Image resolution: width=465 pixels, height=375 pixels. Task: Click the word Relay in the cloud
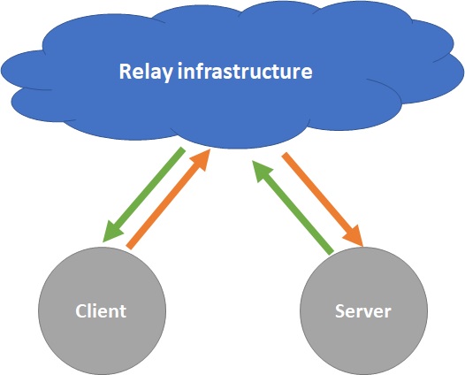coord(146,72)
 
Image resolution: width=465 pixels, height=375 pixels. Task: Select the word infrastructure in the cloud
coord(245,72)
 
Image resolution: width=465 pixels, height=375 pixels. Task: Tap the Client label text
coord(101,311)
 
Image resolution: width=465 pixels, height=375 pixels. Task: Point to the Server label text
coord(363,311)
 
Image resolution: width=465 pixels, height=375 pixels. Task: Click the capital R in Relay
coord(126,72)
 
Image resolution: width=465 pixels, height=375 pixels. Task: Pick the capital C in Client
coord(81,311)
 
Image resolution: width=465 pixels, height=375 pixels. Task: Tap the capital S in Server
coord(340,311)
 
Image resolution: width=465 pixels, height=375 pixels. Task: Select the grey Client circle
coord(102,311)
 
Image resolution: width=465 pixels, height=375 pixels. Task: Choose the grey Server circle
coord(363,311)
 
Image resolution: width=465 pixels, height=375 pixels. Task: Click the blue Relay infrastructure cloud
coord(232,75)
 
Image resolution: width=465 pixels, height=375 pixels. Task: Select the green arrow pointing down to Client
coord(144,195)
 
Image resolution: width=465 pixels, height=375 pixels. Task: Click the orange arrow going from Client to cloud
coord(169,199)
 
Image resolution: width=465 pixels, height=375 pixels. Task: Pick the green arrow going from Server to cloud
coord(293,207)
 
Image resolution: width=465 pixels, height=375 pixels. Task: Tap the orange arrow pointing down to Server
coord(323,199)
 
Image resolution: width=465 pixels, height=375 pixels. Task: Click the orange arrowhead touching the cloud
coord(201,159)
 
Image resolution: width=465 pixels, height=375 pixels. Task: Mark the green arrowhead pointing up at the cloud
coord(261,171)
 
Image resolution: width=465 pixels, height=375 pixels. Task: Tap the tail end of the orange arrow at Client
coord(130,246)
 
